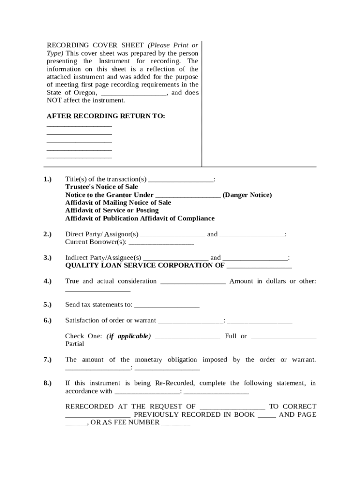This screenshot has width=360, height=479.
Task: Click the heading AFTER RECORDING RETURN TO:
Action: (106, 116)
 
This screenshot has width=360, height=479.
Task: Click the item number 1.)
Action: (47, 179)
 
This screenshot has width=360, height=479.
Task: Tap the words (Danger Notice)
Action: (247, 195)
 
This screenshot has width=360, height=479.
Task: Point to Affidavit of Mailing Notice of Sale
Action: (118, 203)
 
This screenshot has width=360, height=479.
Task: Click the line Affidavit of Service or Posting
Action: (112, 210)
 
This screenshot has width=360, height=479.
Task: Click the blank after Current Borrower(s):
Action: (161, 243)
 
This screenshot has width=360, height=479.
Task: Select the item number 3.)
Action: (47, 258)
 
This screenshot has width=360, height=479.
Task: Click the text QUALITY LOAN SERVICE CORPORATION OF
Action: (144, 265)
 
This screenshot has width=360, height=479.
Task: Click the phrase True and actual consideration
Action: (111, 281)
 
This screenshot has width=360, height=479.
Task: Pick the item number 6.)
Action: (47, 320)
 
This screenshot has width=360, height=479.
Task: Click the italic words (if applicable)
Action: (129, 336)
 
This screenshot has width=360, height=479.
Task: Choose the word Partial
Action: (75, 344)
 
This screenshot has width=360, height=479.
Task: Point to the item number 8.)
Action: (47, 383)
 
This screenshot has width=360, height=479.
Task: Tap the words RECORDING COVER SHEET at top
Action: (95, 45)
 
